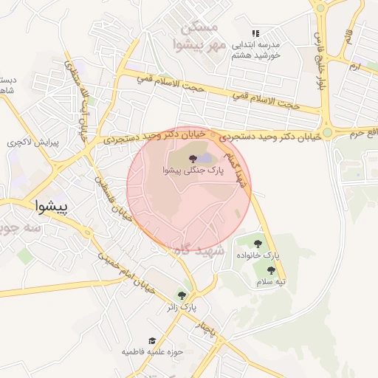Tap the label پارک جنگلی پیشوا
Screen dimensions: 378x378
[x=190, y=171]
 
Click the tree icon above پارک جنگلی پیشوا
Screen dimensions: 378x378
[x=192, y=158]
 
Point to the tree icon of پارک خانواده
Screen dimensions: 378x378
[x=258, y=243]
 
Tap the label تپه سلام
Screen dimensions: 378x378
[x=271, y=281]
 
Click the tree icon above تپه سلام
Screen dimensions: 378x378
[x=271, y=270]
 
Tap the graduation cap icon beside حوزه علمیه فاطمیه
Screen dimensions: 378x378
[x=152, y=340]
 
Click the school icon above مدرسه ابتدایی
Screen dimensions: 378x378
[x=255, y=34]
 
